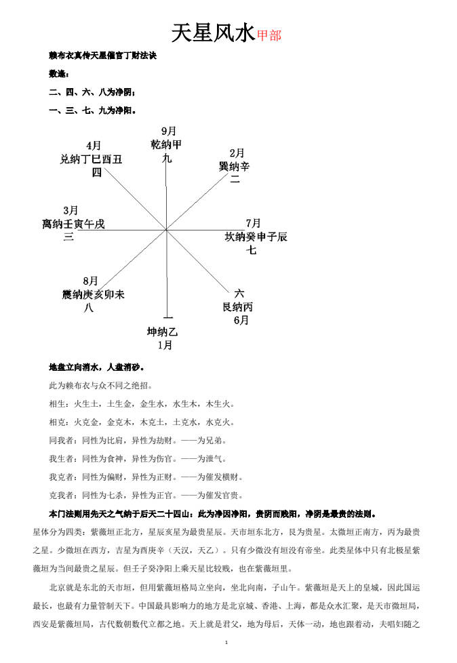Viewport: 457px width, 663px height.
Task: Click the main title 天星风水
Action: pos(213,33)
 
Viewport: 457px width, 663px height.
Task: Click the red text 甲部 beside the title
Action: pos(269,35)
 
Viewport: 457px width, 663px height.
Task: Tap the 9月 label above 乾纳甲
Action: pos(168,130)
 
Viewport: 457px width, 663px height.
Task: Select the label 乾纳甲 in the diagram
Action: pos(167,144)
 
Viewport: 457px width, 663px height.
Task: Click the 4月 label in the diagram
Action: pos(94,146)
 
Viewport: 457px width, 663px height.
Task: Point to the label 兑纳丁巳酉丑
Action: pos(92,159)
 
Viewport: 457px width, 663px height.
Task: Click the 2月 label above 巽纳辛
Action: pos(237,153)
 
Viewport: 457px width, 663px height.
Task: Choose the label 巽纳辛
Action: pos(235,167)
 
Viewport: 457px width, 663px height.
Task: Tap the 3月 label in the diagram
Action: pos(71,210)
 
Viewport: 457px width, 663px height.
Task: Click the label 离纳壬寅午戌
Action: pos(74,224)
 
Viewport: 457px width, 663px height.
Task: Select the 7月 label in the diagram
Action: pos(253,223)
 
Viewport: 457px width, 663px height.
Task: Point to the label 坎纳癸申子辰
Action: pos(256,237)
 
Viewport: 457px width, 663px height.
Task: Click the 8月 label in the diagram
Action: pos(91,281)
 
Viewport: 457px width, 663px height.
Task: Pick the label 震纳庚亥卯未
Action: pos(94,294)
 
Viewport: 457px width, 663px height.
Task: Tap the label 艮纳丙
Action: pos(238,307)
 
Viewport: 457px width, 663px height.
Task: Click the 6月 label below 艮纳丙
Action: pos(241,320)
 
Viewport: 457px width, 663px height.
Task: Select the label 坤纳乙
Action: pos(163,332)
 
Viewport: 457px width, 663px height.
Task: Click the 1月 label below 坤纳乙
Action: pos(165,345)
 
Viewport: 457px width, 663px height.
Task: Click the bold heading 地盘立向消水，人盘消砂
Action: pos(96,367)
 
